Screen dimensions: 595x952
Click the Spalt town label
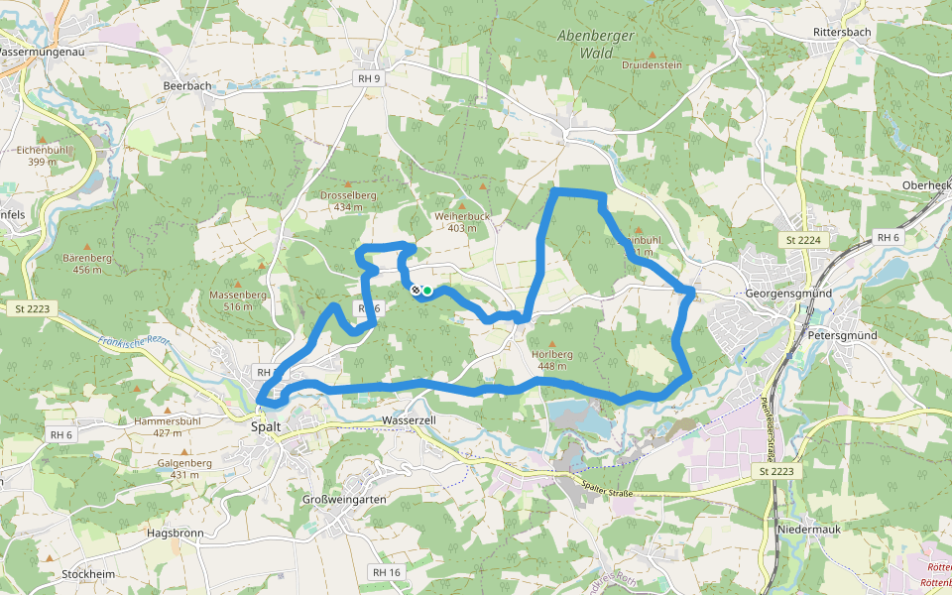(x=266, y=426)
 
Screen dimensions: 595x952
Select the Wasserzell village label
(x=410, y=420)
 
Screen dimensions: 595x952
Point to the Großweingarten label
(x=342, y=500)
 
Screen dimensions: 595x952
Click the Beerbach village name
(x=187, y=86)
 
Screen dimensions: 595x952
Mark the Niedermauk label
(x=807, y=528)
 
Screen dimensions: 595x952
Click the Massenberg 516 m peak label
(x=238, y=300)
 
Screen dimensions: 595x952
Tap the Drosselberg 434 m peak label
(x=348, y=201)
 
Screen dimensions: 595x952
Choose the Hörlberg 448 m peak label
(x=552, y=359)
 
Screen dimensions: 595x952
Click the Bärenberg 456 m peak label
(x=87, y=263)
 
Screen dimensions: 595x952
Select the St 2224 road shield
(x=803, y=240)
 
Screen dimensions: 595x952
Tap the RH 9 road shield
(x=370, y=77)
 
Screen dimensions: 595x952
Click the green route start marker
(x=427, y=291)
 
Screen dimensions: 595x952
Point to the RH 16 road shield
(x=386, y=572)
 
